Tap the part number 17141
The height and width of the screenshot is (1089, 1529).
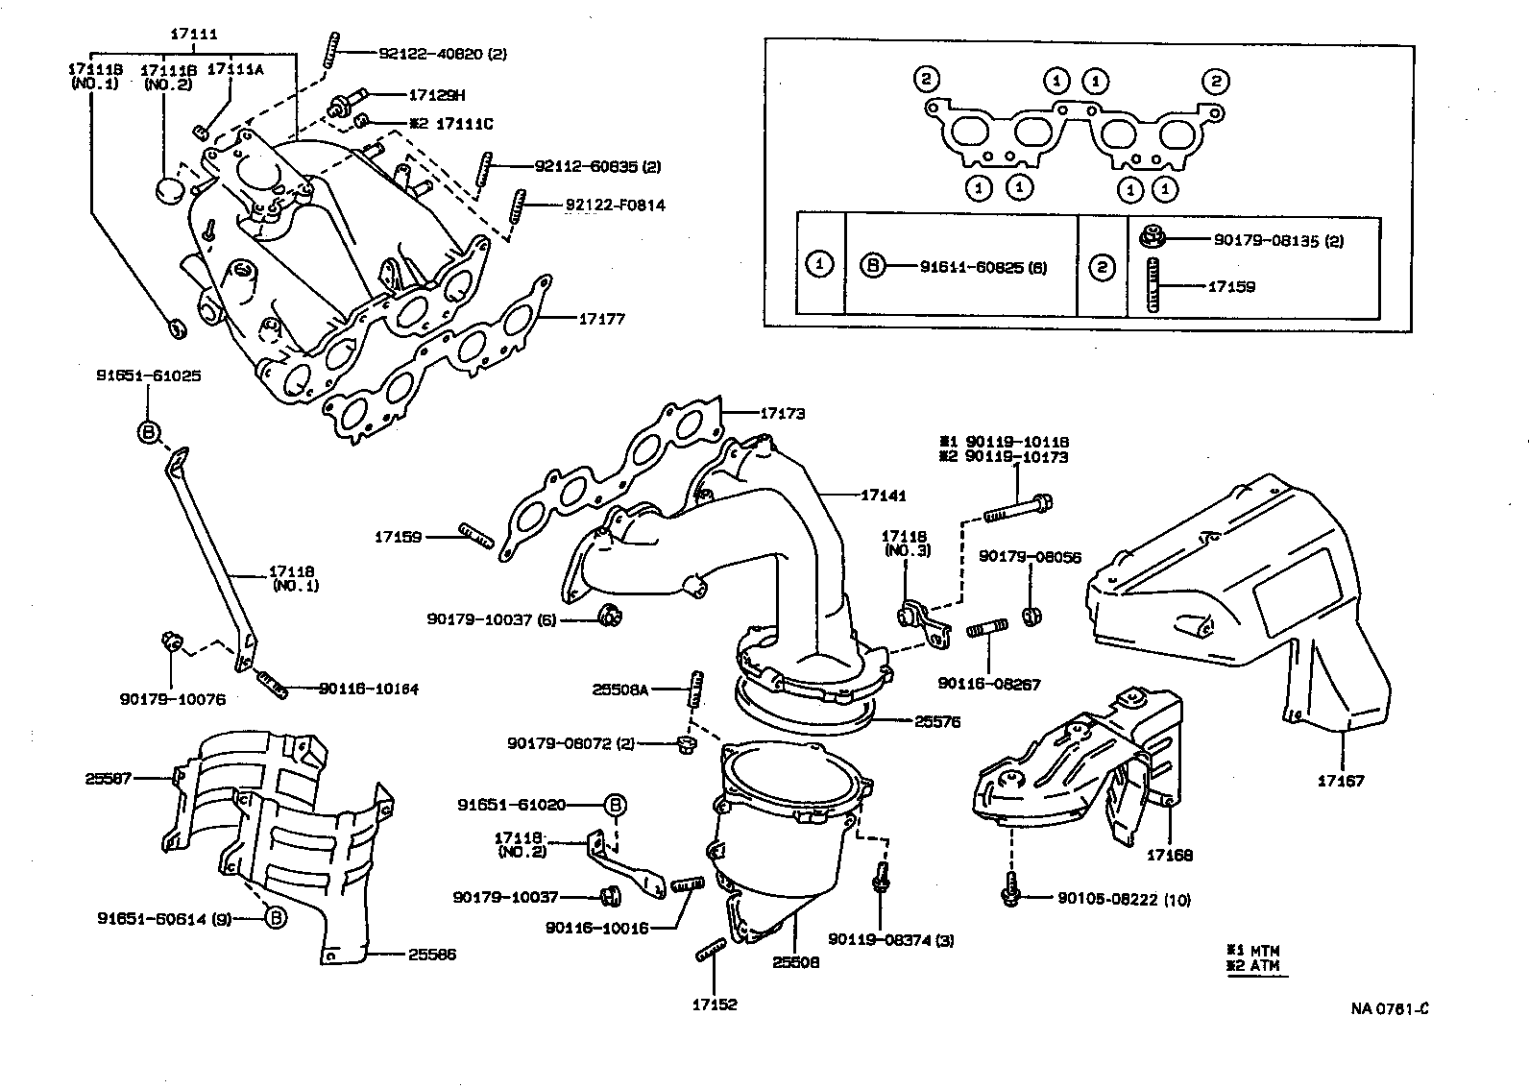pyautogui.click(x=883, y=496)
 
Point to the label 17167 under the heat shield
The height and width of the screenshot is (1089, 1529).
pyautogui.click(x=1340, y=782)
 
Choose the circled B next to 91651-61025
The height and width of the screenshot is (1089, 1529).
pyautogui.click(x=149, y=432)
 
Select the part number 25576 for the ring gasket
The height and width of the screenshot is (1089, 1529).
pyautogui.click(x=937, y=721)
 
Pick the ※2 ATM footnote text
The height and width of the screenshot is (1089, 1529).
pyautogui.click(x=1253, y=965)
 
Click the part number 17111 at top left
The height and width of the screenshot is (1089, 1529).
pyautogui.click(x=194, y=35)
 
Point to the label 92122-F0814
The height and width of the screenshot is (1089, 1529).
pyautogui.click(x=615, y=205)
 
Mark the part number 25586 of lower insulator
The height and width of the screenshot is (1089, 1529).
pyautogui.click(x=431, y=955)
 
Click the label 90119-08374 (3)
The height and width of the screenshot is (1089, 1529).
pyautogui.click(x=890, y=940)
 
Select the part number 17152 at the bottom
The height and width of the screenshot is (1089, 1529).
pyautogui.click(x=715, y=1004)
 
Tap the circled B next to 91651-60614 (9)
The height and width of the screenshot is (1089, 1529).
pyautogui.click(x=275, y=918)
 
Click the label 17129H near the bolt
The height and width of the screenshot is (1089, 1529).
pyautogui.click(x=437, y=95)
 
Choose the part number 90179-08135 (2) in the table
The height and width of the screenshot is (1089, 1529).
pyautogui.click(x=1277, y=241)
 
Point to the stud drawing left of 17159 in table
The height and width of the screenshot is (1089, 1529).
pyautogui.click(x=1153, y=286)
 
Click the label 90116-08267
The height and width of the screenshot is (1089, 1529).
pyautogui.click(x=988, y=685)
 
